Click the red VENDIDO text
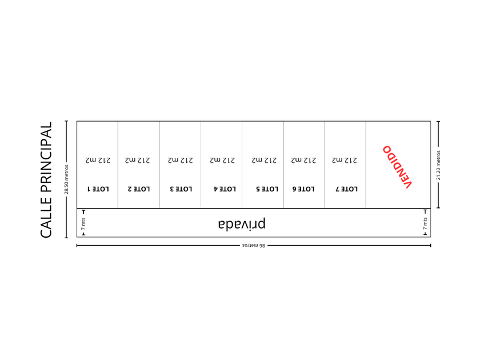[398, 166]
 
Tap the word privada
[241, 223]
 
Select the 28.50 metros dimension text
[66, 179]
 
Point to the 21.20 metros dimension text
[438, 165]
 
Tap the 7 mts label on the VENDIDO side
[425, 223]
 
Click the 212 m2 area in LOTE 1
[98, 161]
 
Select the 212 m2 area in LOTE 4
[222, 161]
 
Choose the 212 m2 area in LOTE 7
[345, 161]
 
